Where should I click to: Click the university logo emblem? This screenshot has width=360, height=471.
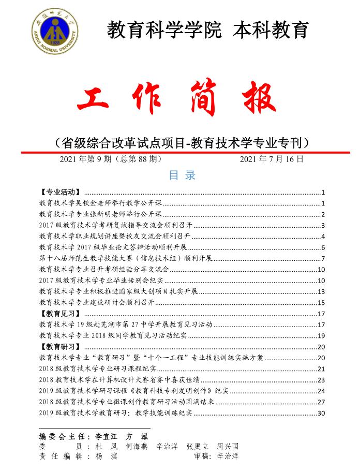pyautogui.click(x=54, y=30)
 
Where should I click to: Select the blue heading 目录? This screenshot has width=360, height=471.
pyautogui.click(x=182, y=175)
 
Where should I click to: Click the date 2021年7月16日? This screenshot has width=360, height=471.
pyautogui.click(x=272, y=159)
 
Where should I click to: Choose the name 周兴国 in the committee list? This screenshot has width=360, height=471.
pyautogui.click(x=228, y=446)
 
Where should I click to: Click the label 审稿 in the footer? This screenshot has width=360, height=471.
pyautogui.click(x=202, y=457)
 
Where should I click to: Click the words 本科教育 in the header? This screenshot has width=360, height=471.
pyautogui.click(x=271, y=30)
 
